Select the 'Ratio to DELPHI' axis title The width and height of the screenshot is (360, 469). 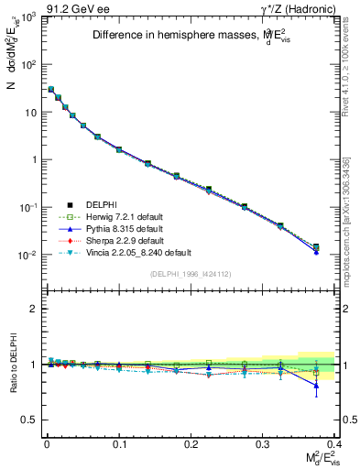pyautogui.click(x=11, y=365)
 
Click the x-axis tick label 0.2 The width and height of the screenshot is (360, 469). pyautogui.click(x=191, y=442)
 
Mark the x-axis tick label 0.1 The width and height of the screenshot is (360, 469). pyautogui.click(x=118, y=442)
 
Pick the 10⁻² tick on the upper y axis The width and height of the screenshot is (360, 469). pyautogui.click(x=29, y=255)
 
